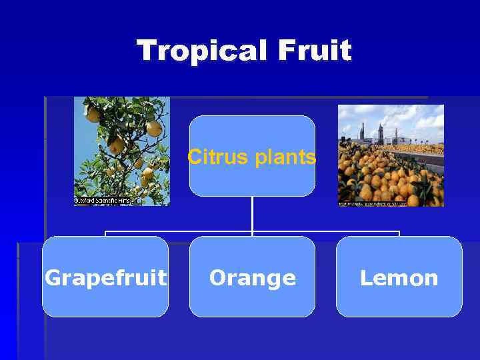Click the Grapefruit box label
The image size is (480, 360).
(x=105, y=277)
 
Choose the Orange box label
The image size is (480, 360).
(x=252, y=277)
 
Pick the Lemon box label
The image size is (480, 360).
(x=399, y=277)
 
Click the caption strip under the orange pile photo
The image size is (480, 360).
(x=390, y=203)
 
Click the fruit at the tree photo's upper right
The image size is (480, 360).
(x=154, y=127)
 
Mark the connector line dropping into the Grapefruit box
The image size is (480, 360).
(x=105, y=233)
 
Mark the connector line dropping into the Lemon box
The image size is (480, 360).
(x=399, y=233)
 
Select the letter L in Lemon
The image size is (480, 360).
(x=365, y=277)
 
